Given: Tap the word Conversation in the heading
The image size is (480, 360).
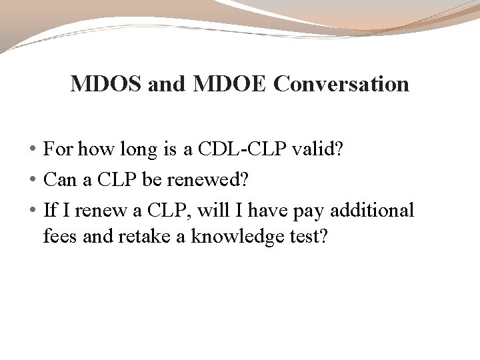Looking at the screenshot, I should pyautogui.click(x=341, y=85).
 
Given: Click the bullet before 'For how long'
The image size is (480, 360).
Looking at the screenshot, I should pyautogui.click(x=33, y=151).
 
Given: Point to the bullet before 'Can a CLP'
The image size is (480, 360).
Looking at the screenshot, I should pyautogui.click(x=33, y=181).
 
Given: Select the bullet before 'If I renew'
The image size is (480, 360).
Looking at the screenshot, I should pyautogui.click(x=33, y=211).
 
